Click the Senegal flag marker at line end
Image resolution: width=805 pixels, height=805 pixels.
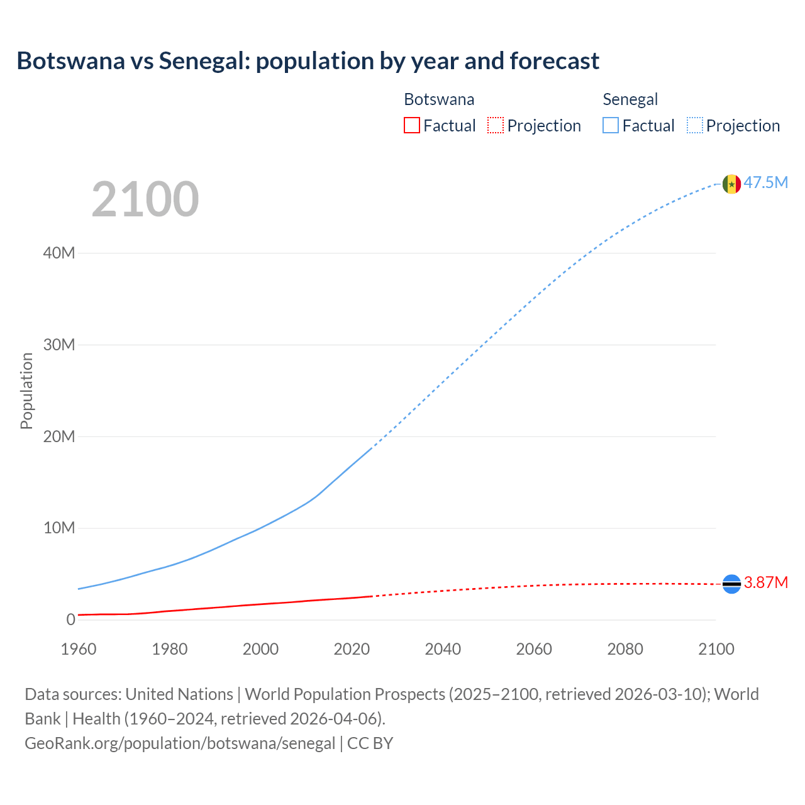click(731, 184)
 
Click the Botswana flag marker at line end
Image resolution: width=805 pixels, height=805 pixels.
click(731, 584)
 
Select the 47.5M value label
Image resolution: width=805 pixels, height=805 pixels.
click(765, 182)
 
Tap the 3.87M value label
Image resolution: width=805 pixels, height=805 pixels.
click(765, 582)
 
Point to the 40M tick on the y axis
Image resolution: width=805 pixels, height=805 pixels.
click(59, 253)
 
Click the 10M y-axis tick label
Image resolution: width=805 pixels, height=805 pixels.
click(59, 528)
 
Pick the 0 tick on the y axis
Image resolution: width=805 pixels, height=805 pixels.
click(70, 619)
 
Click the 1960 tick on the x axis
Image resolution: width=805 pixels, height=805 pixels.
click(79, 649)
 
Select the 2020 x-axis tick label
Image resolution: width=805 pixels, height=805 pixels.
click(352, 649)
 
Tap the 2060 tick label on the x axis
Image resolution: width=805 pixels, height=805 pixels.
click(534, 649)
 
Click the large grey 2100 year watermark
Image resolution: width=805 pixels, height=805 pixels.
click(145, 199)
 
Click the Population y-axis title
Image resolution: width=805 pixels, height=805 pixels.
click(26, 391)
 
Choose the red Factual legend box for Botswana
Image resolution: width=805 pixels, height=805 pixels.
click(411, 125)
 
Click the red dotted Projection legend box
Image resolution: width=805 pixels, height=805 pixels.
click(496, 125)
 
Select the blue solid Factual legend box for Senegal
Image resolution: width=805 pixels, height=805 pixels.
click(610, 125)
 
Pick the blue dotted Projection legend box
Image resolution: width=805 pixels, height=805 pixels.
click(694, 125)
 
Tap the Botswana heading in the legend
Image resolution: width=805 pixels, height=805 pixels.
click(439, 99)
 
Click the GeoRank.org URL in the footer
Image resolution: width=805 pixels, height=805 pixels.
click(180, 743)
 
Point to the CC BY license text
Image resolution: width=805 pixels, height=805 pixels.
click(370, 743)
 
